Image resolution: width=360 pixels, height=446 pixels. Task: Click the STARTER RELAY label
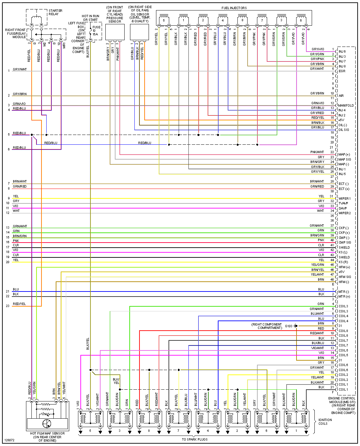(55, 12)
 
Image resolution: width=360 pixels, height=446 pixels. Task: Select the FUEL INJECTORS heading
(234, 8)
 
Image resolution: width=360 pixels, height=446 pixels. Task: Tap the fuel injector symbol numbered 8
(242, 20)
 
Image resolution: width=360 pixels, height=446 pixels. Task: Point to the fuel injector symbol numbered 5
(164, 20)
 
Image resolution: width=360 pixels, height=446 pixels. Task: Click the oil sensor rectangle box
(139, 32)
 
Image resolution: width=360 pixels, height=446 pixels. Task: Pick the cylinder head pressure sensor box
(115, 32)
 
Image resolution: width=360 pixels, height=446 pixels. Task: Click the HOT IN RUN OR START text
(91, 18)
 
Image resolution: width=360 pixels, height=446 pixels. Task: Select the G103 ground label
(289, 326)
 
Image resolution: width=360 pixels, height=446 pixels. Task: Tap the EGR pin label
(342, 71)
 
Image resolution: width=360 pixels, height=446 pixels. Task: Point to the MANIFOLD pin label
(346, 106)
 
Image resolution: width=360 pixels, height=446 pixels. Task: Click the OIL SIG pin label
(344, 130)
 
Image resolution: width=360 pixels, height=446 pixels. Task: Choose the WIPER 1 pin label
(344, 199)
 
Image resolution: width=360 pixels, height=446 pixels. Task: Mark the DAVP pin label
(343, 208)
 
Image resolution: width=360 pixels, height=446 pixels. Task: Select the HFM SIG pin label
(345, 277)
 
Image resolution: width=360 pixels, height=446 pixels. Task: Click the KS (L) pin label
(343, 252)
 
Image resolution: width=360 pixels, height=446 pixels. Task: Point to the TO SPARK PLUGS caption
(195, 439)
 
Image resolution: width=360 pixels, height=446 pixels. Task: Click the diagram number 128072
(9, 440)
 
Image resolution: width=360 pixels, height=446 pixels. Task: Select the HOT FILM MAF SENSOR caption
(47, 434)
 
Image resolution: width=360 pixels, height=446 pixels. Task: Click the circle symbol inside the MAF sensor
(47, 423)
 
